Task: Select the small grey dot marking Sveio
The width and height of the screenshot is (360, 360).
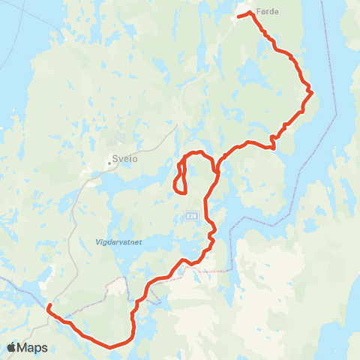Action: click(109, 158)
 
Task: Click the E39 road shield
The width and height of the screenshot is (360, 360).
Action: click(190, 216)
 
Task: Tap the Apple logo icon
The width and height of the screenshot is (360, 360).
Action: click(12, 347)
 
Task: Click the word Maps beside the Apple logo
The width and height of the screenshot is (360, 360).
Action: click(33, 347)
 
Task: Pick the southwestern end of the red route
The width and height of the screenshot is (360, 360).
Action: click(48, 306)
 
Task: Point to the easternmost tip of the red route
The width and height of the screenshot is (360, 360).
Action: click(310, 93)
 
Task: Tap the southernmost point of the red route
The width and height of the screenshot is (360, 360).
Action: click(111, 347)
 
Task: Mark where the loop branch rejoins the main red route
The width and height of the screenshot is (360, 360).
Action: click(214, 165)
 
